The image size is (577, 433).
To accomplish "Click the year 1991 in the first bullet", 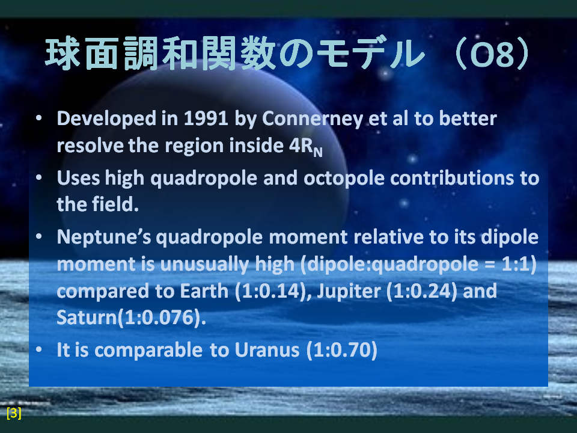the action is (206, 118).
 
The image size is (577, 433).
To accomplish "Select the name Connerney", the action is (313, 119).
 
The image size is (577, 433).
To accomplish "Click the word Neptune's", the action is (104, 237).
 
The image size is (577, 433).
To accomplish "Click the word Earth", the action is (204, 291).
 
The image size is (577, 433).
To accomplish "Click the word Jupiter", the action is (349, 292).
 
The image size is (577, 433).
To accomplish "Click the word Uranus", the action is (267, 350).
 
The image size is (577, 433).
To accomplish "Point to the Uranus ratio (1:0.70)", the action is (342, 350).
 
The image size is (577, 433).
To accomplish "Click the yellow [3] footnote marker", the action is (14, 413).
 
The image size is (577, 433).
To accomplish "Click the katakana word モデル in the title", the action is (371, 54).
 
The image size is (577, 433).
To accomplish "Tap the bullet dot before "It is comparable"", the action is (38, 349).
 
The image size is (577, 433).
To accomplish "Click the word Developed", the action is (106, 119).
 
